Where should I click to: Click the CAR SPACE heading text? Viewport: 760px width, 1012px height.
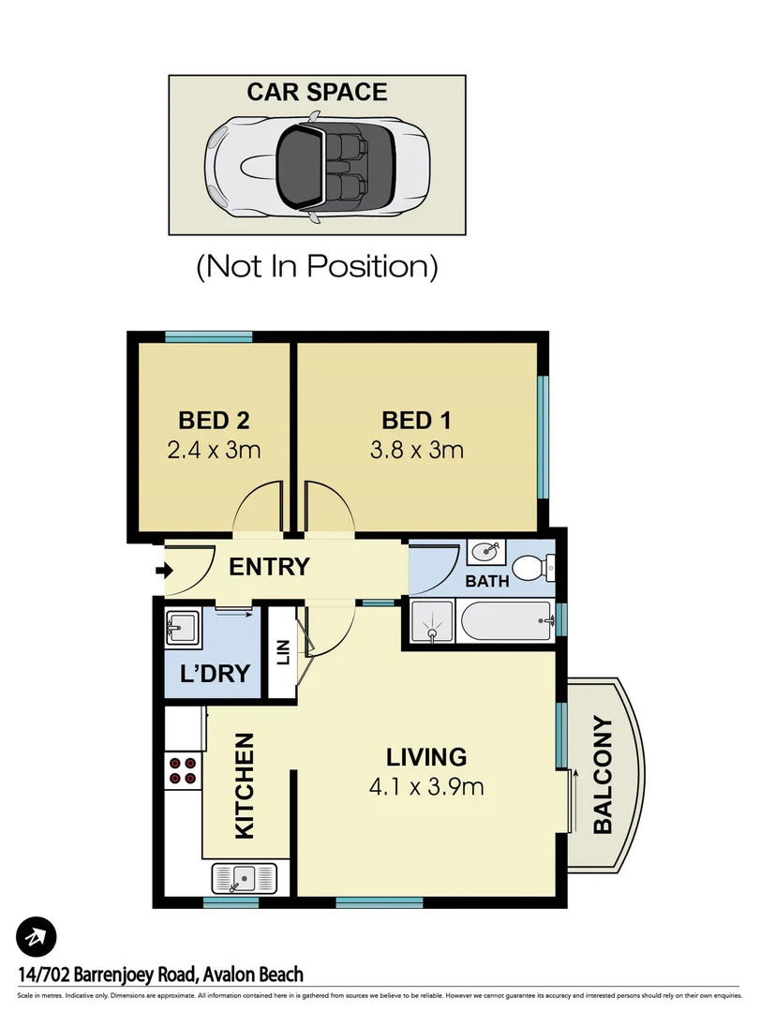pos(316,92)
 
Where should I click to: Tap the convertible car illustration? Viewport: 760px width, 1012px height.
pos(317,165)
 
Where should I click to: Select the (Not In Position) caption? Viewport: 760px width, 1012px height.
pos(317,266)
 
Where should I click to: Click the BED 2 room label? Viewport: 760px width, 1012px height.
pos(214,420)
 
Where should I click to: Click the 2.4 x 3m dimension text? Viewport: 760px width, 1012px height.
pos(214,450)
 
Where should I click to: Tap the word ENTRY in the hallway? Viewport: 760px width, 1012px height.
pos(269,566)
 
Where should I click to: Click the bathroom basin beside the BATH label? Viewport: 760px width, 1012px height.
pos(485,552)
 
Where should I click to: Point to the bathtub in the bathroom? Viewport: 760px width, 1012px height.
pos(506,621)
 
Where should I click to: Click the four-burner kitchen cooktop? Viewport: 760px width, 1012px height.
pos(184,769)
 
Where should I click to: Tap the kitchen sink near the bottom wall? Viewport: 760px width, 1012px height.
pos(245,878)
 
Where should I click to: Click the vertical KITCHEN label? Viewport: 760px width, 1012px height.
pos(244,786)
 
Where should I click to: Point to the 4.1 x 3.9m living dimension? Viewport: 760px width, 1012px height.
pos(426,786)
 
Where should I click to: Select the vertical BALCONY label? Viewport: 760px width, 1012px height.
pos(603,775)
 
